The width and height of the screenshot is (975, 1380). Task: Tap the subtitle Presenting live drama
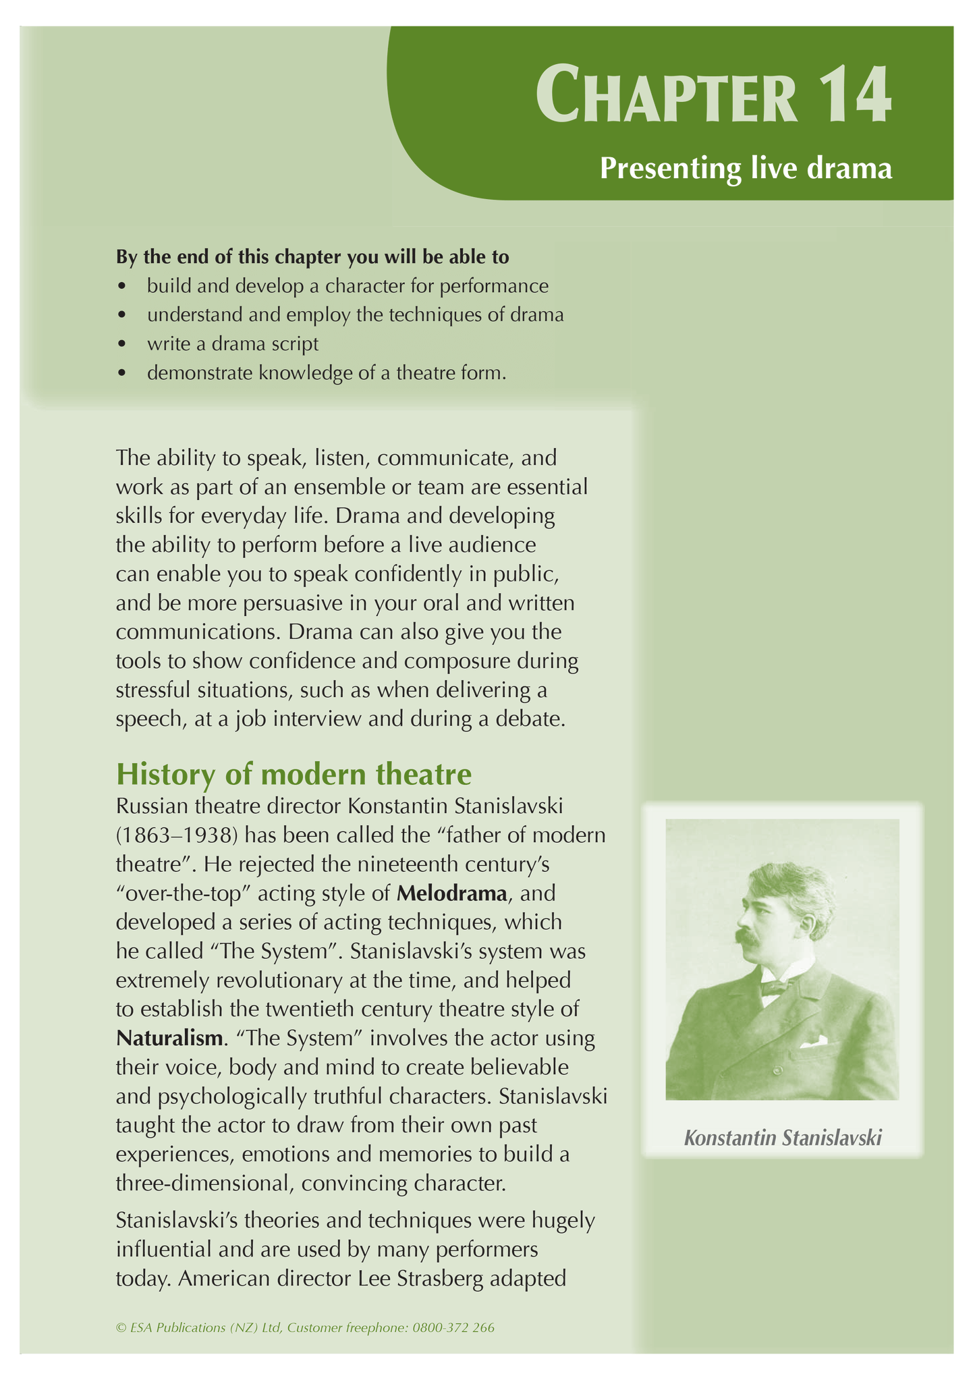tap(746, 168)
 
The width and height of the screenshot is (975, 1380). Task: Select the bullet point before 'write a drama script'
tap(121, 344)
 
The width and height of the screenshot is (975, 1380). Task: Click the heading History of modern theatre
tap(294, 774)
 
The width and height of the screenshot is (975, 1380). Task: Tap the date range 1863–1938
tap(177, 835)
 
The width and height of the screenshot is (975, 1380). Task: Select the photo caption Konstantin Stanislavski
tap(783, 1138)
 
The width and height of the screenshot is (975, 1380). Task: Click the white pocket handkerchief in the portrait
tap(814, 1041)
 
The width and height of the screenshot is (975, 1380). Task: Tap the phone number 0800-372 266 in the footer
tap(453, 1327)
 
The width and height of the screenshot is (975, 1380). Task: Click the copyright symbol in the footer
tap(121, 1328)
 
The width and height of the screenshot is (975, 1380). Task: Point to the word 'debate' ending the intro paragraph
tap(528, 719)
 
